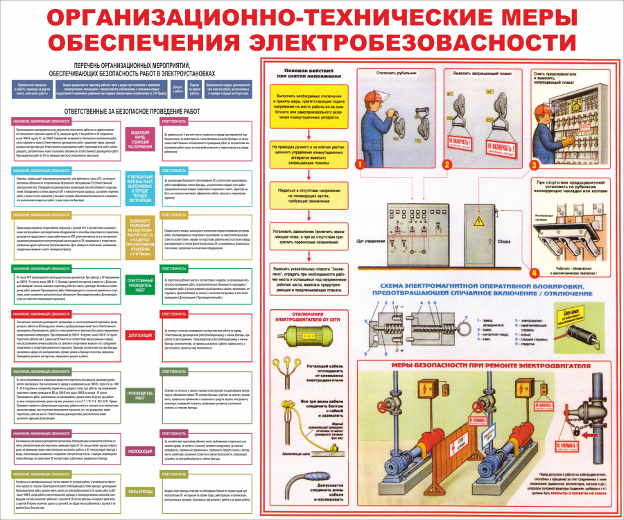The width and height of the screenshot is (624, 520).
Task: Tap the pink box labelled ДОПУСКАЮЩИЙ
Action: [141, 335]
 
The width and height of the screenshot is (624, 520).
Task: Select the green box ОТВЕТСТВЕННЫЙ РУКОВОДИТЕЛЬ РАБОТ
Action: [141, 284]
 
